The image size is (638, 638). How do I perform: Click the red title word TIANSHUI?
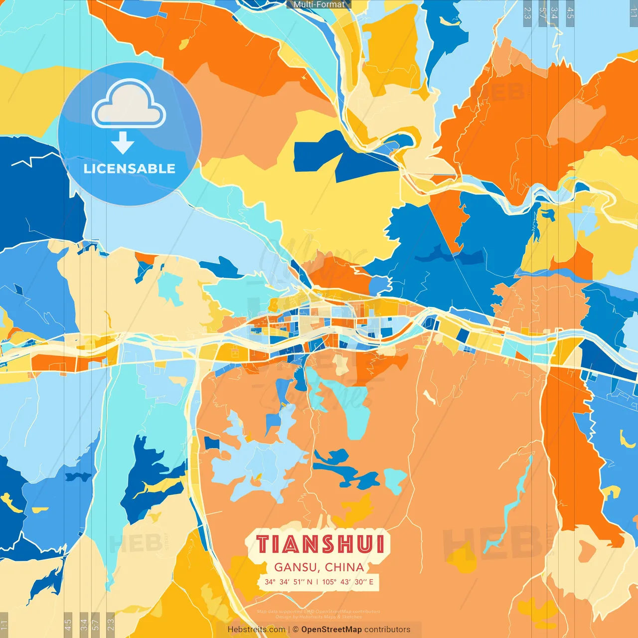[320, 544]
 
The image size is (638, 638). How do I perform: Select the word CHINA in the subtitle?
[344, 567]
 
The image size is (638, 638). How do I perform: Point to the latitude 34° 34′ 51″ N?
[289, 582]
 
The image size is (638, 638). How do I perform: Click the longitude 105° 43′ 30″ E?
[347, 582]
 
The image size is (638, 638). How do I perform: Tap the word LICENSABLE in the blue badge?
[130, 168]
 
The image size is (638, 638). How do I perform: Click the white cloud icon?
[129, 105]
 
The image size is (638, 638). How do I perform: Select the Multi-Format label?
[319, 4]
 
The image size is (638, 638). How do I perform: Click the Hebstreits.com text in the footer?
[256, 630]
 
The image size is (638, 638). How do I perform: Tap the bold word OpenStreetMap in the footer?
[331, 630]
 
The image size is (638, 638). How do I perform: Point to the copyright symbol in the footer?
[296, 630]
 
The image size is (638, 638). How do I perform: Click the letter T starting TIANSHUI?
[263, 544]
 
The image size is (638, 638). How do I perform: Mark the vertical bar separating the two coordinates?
[318, 582]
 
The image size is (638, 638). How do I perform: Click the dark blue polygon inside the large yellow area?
[344, 157]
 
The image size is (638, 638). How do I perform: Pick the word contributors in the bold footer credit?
[387, 630]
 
